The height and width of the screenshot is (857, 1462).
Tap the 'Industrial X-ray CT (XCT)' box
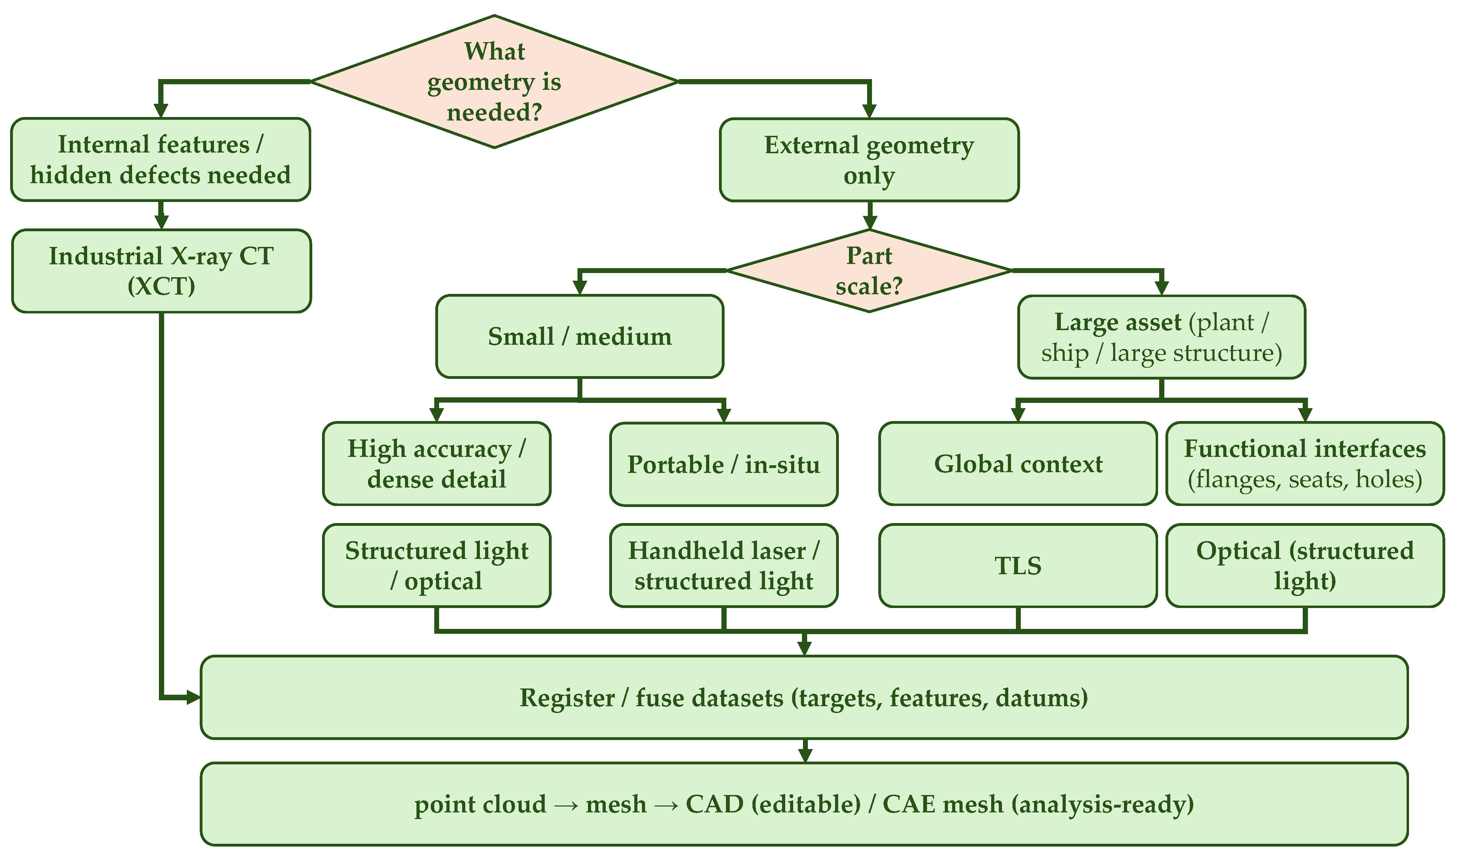point(161,271)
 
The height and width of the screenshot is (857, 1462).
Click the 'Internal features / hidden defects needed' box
point(161,159)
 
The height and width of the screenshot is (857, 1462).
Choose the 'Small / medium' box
point(580,336)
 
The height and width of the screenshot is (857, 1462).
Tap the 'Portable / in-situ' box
point(724,464)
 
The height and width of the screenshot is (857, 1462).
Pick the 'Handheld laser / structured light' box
point(724,565)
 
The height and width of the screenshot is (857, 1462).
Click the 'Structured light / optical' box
point(436,565)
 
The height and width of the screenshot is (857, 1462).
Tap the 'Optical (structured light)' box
point(1305,565)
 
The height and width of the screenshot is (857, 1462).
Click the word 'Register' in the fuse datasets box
point(567,698)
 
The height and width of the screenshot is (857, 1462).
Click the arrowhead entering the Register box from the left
point(193,698)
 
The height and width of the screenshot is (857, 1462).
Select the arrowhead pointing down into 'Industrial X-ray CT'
point(161,222)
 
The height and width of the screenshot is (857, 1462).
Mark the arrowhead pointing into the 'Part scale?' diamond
point(869,223)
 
